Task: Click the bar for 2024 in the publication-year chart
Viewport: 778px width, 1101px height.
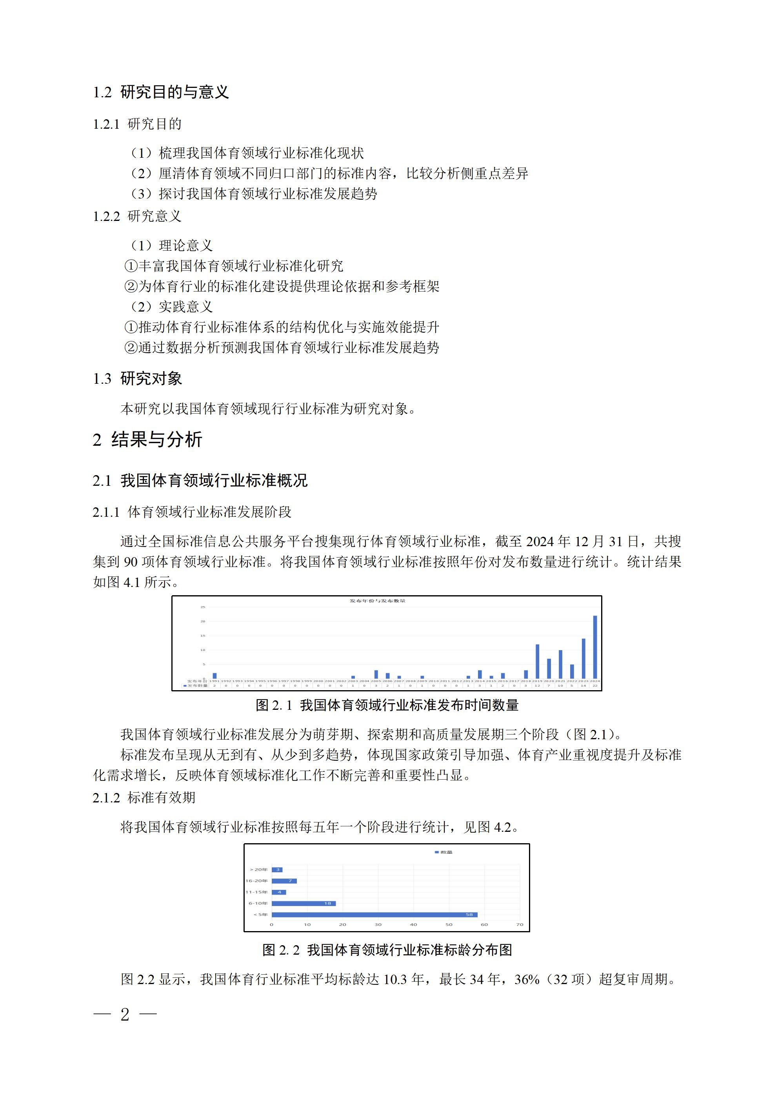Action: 595,647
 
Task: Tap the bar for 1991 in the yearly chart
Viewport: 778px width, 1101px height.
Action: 214,676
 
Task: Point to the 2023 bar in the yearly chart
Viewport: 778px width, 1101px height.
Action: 583,658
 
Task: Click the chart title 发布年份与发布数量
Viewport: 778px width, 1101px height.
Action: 377,601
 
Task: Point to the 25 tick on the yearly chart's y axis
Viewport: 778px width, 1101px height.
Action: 203,607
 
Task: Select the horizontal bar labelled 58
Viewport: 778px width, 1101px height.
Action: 374,915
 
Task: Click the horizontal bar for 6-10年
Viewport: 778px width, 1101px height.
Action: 304,903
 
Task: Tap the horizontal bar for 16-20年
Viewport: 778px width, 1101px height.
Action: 284,881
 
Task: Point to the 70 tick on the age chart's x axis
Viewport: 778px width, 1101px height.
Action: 520,924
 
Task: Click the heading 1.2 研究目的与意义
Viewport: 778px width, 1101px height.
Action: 161,92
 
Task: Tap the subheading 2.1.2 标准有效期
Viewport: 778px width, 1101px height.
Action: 144,797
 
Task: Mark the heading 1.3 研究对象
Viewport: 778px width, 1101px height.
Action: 137,379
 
